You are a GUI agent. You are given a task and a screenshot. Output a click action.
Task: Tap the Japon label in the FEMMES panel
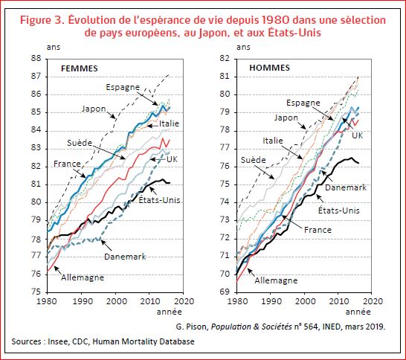pyautogui.click(x=94, y=109)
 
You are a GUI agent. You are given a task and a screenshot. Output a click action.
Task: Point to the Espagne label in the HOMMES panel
pyautogui.click(x=303, y=102)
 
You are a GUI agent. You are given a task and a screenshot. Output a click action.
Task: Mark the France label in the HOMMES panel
pyautogui.click(x=318, y=230)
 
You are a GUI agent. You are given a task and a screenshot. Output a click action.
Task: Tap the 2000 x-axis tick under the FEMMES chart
pyautogui.click(x=116, y=302)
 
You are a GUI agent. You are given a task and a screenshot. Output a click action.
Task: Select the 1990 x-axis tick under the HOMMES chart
pyautogui.click(x=271, y=302)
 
